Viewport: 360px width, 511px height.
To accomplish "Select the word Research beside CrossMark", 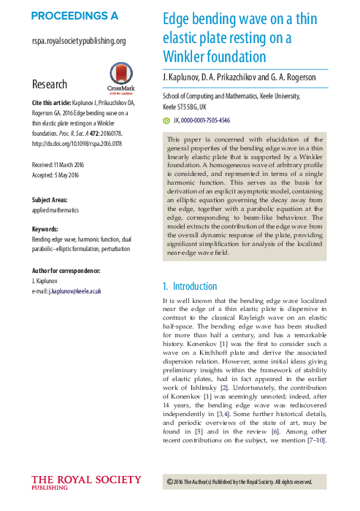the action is point(50,85).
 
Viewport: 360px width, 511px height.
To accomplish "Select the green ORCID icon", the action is point(166,120).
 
